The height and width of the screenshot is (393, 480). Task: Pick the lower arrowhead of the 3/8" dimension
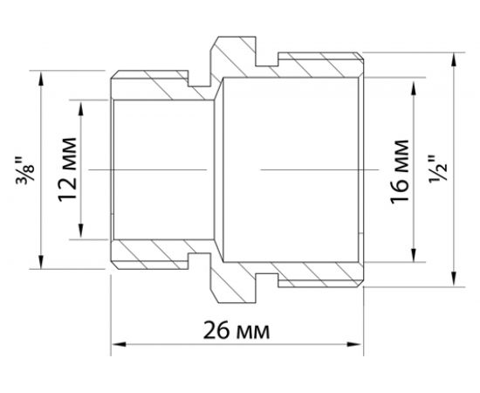tap(41, 265)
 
